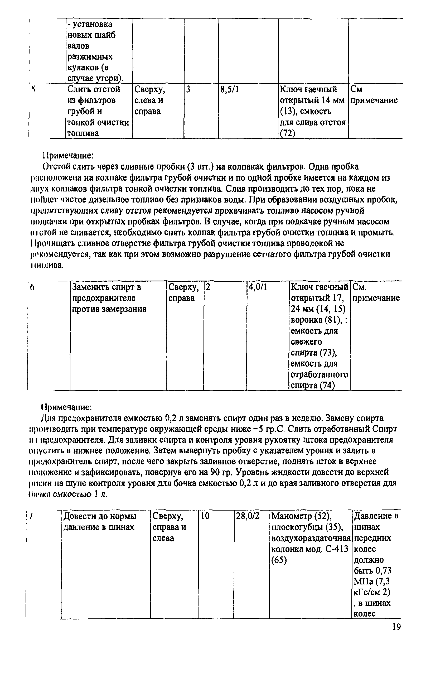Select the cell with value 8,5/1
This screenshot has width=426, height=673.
pyautogui.click(x=230, y=90)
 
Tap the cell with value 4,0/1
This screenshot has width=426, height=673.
pyautogui.click(x=258, y=287)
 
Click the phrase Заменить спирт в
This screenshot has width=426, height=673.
pyautogui.click(x=107, y=287)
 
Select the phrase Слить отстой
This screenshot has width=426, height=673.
pyautogui.click(x=94, y=90)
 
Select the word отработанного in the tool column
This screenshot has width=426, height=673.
pyautogui.click(x=319, y=374)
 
